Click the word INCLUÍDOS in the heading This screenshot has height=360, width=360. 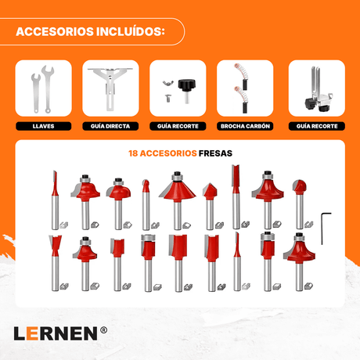[x=131, y=32]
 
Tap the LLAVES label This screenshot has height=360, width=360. [x=43, y=126]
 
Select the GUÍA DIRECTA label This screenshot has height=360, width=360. [x=110, y=126]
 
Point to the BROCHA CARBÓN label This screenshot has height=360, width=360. [x=245, y=126]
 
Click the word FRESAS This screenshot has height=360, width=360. [x=215, y=153]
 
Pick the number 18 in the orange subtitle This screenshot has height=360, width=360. [x=133, y=153]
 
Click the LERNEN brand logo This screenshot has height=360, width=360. [x=56, y=333]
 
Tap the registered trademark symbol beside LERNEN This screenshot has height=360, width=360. [x=103, y=330]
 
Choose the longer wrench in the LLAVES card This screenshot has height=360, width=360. [x=48, y=88]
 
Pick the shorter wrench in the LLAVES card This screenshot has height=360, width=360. [x=36, y=92]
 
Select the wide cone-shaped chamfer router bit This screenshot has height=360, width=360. [x=178, y=200]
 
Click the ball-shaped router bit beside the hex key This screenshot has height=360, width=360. [x=300, y=204]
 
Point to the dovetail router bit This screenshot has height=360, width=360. [x=55, y=263]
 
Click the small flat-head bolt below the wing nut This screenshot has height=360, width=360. [x=167, y=98]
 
